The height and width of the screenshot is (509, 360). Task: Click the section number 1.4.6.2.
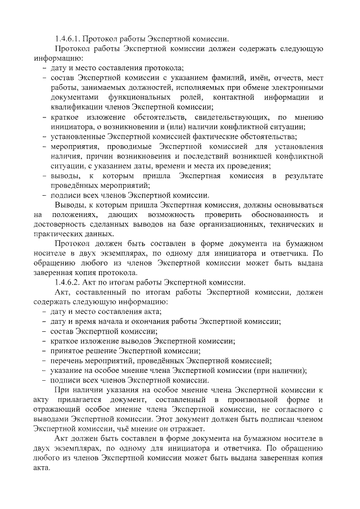(69, 283)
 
